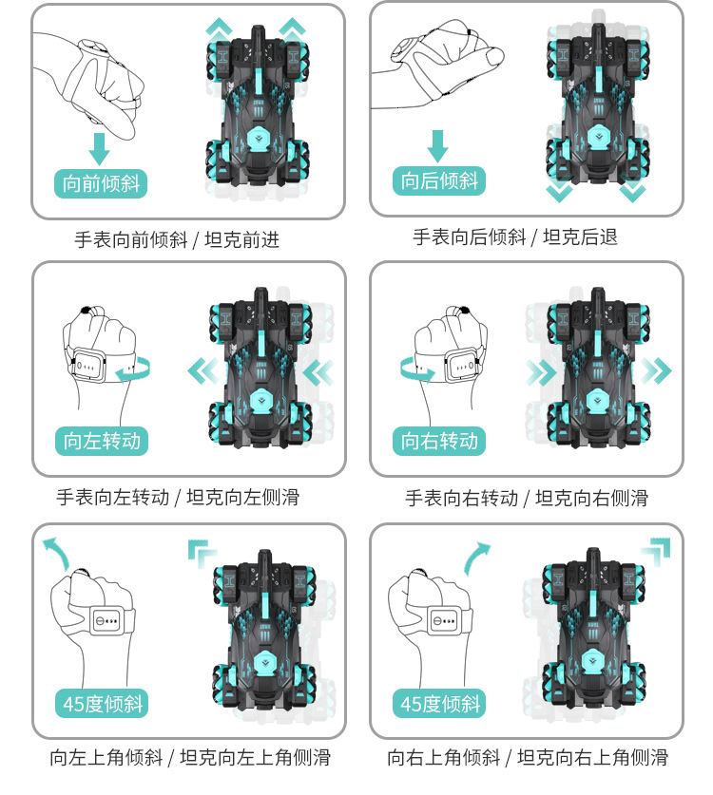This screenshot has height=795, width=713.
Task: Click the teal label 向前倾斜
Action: click(101, 183)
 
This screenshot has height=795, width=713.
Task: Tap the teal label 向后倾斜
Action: click(439, 180)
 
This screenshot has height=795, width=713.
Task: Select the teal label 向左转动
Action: click(102, 441)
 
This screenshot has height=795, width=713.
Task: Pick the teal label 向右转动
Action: click(439, 441)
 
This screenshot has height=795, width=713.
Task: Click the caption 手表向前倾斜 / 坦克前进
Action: click(177, 239)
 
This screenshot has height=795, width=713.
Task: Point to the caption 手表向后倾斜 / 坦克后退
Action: click(515, 237)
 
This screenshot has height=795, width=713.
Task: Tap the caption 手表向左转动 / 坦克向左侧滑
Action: click(178, 498)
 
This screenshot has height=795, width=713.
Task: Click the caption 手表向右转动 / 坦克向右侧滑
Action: click(527, 498)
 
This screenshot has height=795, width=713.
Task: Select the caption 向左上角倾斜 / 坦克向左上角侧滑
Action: click(190, 757)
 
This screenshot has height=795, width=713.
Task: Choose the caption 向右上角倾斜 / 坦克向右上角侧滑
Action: click(528, 757)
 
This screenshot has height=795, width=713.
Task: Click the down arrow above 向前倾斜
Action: click(100, 149)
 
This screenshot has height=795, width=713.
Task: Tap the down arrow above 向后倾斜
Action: click(437, 146)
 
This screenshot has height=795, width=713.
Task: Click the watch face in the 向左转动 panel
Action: click(89, 365)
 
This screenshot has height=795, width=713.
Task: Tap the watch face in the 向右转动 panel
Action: click(462, 365)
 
